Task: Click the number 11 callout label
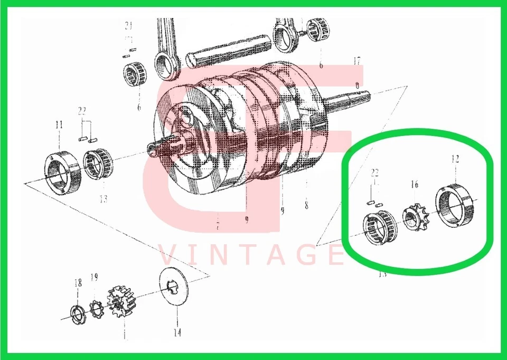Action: (59, 125)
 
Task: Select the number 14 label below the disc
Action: (177, 333)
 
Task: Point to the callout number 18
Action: (78, 283)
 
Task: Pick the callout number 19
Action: (94, 277)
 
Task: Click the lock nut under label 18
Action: (78, 314)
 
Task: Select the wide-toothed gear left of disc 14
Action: (122, 304)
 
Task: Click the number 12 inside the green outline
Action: (455, 158)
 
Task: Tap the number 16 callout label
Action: (415, 184)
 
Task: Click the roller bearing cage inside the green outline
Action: (379, 229)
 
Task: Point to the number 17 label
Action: (357, 61)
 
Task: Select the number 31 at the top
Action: (127, 25)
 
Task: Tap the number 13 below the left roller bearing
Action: (103, 199)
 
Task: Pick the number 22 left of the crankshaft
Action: (82, 111)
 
